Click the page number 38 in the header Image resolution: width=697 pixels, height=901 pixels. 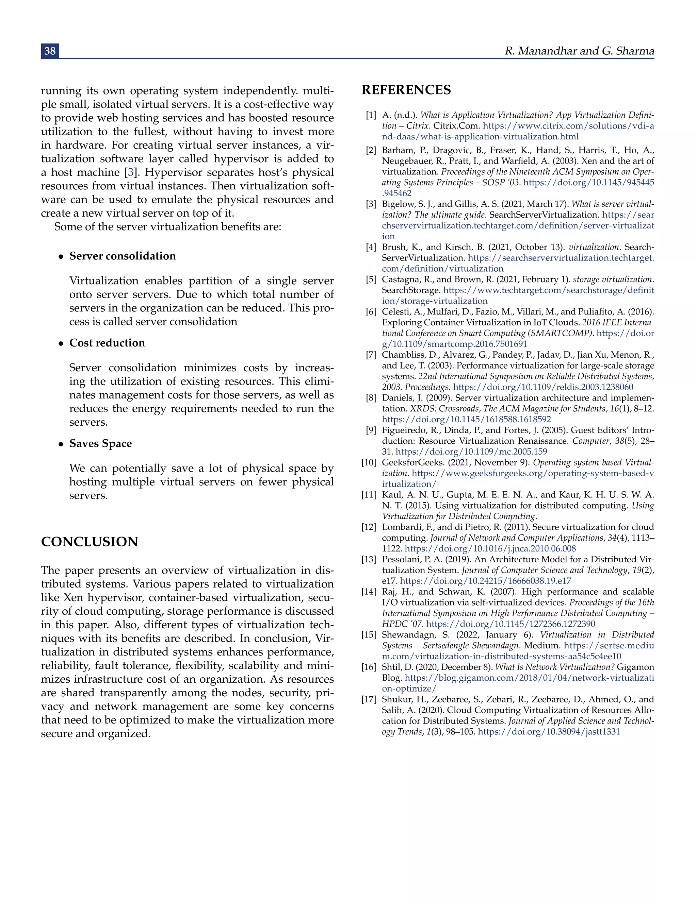pos(50,51)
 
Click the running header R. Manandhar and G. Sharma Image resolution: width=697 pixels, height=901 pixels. pos(579,51)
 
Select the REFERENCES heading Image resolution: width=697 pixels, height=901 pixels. pos(406,90)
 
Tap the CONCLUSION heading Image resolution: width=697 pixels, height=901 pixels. pos(89,542)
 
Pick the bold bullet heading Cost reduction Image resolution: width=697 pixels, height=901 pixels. pos(107,343)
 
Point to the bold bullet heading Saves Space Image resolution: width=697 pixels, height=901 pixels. pos(100,443)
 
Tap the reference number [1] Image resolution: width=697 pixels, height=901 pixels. pos(371,115)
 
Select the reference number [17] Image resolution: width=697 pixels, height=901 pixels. pos(369,699)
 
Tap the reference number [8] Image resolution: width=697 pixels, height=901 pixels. pos(371,398)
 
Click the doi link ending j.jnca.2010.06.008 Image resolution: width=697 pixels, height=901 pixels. pos(490,549)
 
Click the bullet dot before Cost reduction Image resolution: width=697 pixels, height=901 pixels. pos(61,344)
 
